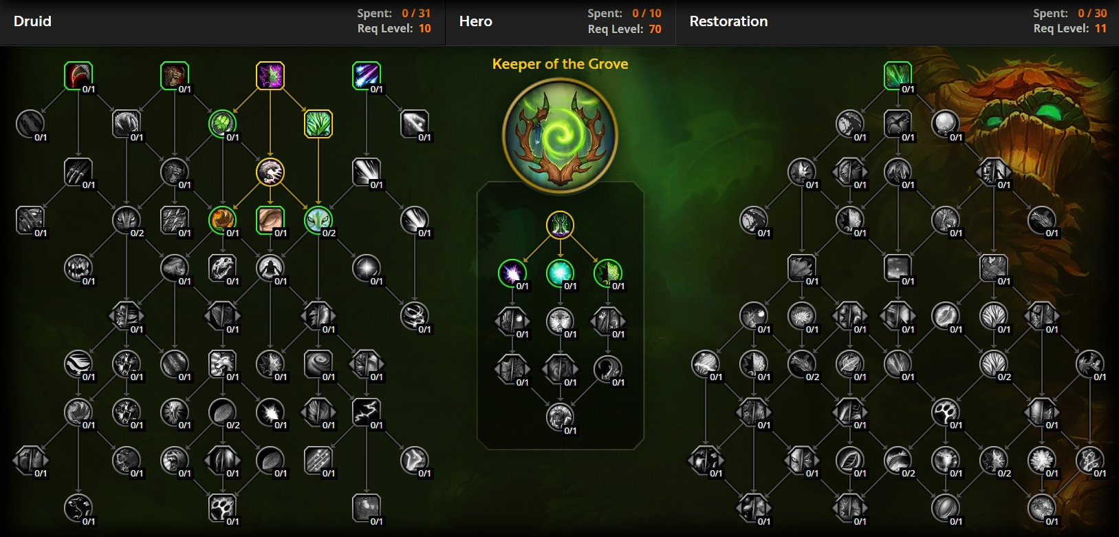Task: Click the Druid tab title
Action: [x=32, y=21]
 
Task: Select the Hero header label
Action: [x=475, y=21]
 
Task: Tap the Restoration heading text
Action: [x=728, y=21]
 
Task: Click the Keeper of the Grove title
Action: [x=560, y=64]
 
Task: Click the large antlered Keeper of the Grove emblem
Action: [x=560, y=135]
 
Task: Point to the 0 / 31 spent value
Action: [x=416, y=13]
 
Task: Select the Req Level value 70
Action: [x=655, y=29]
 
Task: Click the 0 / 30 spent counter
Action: [x=1092, y=13]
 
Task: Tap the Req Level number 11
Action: [x=1100, y=28]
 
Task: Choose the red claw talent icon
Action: [x=78, y=75]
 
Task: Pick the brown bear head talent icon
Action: [x=174, y=75]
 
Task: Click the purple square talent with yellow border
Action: [x=270, y=75]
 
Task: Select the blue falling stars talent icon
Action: [x=366, y=75]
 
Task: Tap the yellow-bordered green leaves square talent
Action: [x=318, y=124]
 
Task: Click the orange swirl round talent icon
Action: [x=222, y=220]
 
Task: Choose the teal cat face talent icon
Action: [x=318, y=220]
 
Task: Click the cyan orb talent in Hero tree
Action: [x=560, y=273]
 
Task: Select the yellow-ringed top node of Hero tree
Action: [x=560, y=224]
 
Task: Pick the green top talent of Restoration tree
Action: [x=898, y=75]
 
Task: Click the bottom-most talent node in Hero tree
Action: [x=560, y=417]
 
